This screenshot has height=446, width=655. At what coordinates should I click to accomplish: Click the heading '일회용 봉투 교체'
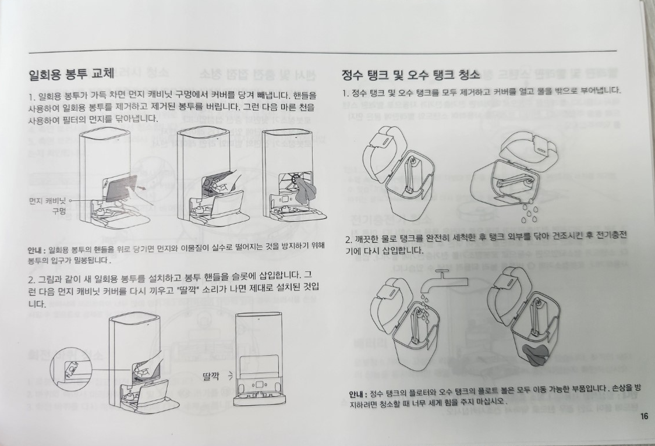click(71, 74)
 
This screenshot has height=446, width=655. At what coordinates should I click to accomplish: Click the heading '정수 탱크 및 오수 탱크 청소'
click(410, 75)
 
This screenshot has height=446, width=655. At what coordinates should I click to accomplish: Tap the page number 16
click(644, 416)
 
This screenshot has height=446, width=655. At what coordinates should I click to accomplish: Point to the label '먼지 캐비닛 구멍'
click(48, 206)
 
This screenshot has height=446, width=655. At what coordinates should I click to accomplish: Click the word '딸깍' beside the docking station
click(211, 376)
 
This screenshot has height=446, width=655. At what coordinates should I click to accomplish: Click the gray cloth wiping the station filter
click(305, 191)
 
